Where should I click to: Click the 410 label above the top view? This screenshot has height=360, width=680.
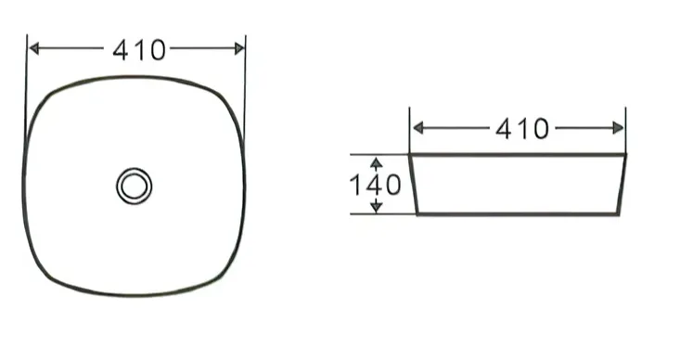coord(139,50)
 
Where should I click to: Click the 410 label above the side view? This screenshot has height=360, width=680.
coord(522,129)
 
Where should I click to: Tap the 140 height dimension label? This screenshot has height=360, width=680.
coord(375,186)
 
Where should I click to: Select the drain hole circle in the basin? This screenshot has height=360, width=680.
coord(134,186)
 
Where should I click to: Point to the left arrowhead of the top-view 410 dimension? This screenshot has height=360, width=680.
coord(33,48)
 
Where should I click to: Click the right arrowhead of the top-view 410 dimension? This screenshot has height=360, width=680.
coord(239,48)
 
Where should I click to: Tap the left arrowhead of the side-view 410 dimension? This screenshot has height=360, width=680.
coord(418,128)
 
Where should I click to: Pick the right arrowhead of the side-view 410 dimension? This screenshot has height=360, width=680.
coord(618,128)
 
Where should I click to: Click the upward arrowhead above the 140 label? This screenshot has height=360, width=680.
coord(377,162)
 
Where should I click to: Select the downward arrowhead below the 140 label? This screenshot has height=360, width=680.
coord(377,207)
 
